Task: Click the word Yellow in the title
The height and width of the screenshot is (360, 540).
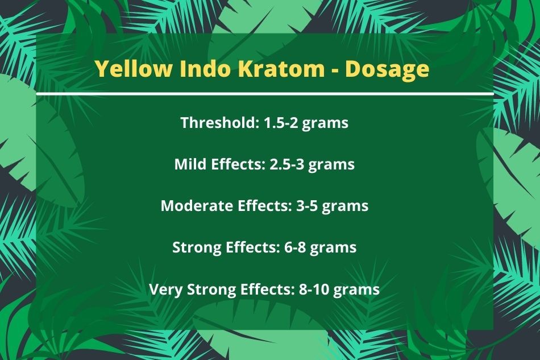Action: point(133,69)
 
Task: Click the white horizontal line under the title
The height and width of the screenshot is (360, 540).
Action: point(264,94)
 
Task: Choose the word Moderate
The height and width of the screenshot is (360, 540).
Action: point(197,206)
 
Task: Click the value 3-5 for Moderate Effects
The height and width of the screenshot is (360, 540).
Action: point(306,206)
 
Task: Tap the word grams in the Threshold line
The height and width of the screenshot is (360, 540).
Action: point(325,124)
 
